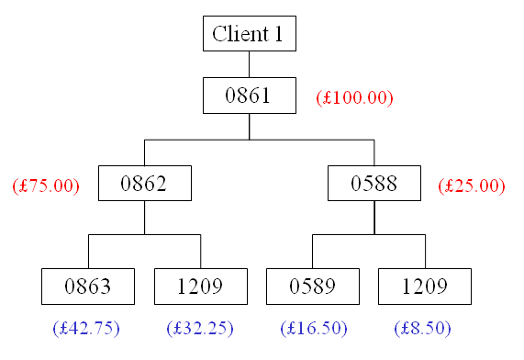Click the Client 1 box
249,35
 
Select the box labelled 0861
249,96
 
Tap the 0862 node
144,184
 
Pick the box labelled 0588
373,184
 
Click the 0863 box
88,287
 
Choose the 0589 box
312,287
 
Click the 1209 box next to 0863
200,287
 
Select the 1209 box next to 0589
424,287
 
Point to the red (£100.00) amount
353,96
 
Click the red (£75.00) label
46,186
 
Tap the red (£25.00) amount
472,186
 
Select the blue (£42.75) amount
86,328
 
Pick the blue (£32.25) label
200,328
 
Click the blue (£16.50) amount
313,328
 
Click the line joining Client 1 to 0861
249,64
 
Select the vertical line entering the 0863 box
88,252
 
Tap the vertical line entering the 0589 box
312,252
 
